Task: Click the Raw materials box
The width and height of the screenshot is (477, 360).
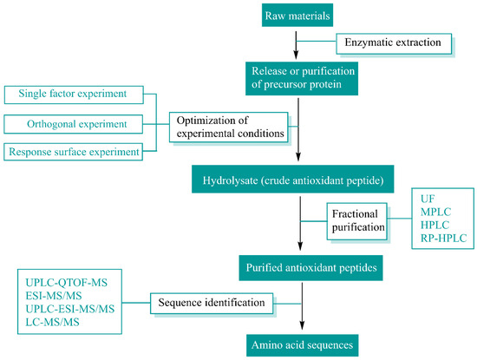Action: pos(297,15)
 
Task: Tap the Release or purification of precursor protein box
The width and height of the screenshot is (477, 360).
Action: pos(297,75)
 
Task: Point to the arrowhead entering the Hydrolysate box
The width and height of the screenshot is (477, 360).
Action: pos(297,161)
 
